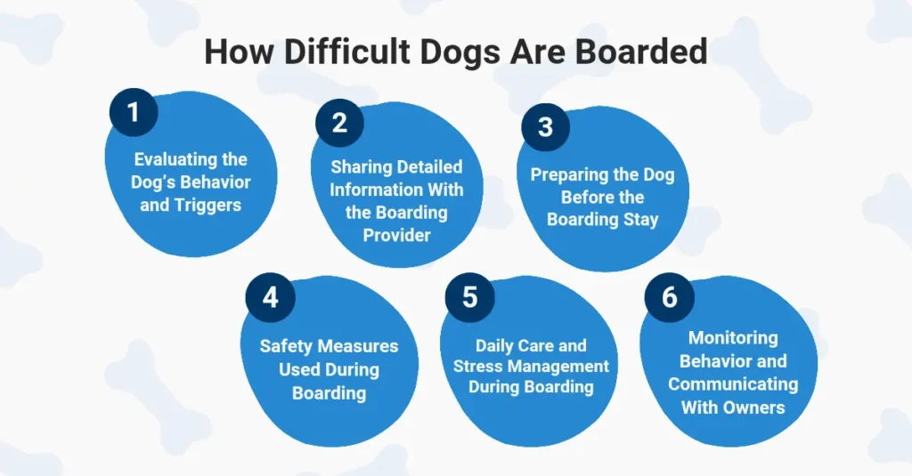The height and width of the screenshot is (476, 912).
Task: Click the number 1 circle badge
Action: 134,113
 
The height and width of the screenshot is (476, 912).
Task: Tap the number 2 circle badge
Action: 339,123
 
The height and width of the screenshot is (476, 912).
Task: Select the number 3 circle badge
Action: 546,127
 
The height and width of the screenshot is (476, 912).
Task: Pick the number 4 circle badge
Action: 270,297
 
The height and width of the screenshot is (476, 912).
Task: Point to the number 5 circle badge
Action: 469,297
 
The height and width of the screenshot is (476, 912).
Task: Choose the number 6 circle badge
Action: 669,297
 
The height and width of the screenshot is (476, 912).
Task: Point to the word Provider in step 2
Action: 396,236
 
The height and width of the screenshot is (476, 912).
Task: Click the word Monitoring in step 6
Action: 733,338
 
